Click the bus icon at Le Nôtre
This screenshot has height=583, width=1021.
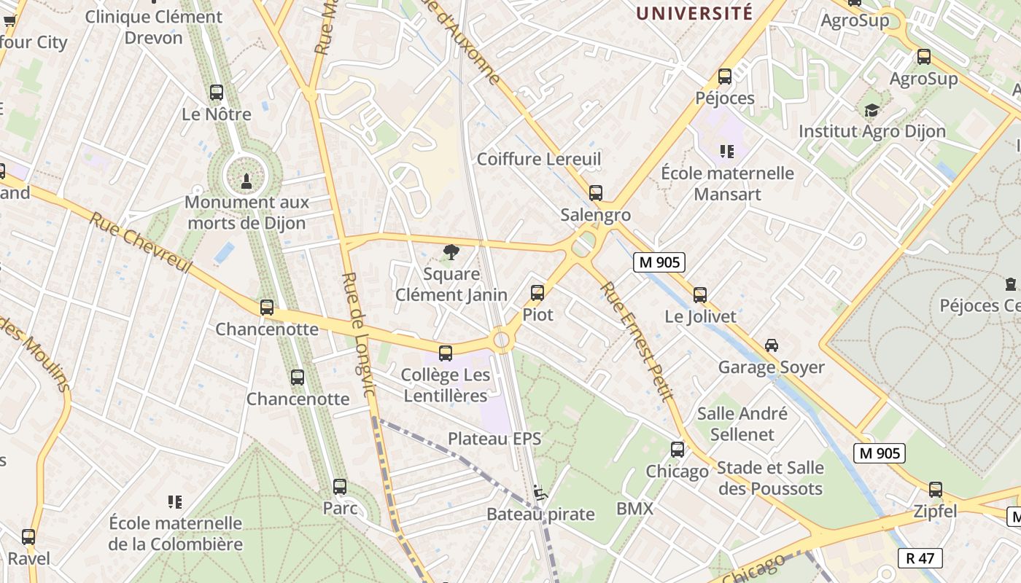click(x=217, y=93)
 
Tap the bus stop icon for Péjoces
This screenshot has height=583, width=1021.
click(x=724, y=77)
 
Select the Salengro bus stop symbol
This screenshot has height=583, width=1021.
click(x=596, y=193)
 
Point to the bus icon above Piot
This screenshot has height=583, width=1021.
click(x=537, y=293)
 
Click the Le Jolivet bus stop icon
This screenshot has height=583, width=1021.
click(x=700, y=295)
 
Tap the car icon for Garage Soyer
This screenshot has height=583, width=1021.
click(x=771, y=345)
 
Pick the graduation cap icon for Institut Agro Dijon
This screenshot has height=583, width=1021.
click(x=871, y=111)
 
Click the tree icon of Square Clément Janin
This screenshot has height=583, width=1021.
click(x=451, y=252)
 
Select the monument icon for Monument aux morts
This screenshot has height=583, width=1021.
click(x=246, y=179)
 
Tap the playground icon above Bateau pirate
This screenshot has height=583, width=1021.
click(x=540, y=493)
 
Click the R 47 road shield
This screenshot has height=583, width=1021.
click(x=920, y=558)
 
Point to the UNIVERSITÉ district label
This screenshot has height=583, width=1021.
click(x=694, y=13)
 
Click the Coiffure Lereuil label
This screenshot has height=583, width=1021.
click(x=539, y=159)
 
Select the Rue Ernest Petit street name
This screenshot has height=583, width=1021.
click(x=635, y=341)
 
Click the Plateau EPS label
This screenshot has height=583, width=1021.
click(x=494, y=439)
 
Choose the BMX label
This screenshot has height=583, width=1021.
click(x=635, y=509)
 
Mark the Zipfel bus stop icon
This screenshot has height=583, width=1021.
click(x=935, y=490)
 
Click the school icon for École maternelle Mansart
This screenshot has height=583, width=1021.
click(x=726, y=152)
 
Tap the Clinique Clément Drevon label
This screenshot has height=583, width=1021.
click(x=154, y=27)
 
